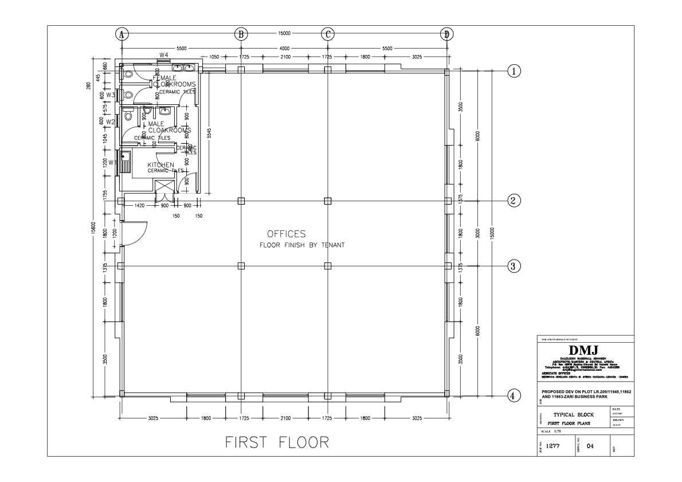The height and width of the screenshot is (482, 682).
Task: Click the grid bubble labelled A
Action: click(x=121, y=34)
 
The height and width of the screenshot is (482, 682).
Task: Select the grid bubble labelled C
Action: click(x=327, y=34)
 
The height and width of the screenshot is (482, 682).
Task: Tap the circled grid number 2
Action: click(x=515, y=201)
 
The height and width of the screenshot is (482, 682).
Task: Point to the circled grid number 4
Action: click(x=515, y=395)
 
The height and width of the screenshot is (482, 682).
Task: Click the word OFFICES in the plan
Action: click(x=286, y=234)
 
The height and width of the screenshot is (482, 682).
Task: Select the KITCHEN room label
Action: click(x=160, y=165)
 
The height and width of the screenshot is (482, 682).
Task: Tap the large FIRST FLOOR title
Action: click(x=277, y=442)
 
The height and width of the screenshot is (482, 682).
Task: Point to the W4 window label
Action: click(x=163, y=55)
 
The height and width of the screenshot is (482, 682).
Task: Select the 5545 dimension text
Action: click(x=210, y=134)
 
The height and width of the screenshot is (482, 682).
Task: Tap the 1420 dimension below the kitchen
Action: click(x=139, y=205)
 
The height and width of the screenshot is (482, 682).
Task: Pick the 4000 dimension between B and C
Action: click(x=284, y=49)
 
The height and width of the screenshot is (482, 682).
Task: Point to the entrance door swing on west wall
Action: click(x=136, y=232)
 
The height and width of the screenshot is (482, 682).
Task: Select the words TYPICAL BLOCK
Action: click(x=574, y=414)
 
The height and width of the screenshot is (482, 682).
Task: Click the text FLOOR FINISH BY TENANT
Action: click(x=302, y=245)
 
